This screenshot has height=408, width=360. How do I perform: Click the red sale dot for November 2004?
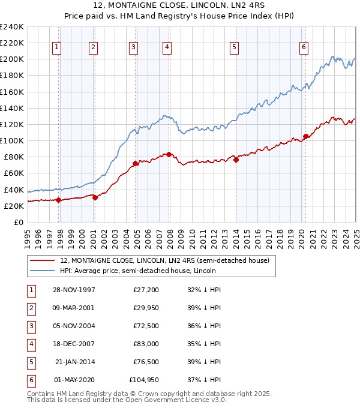coord(136,163)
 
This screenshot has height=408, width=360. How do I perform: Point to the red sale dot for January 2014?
coord(236,160)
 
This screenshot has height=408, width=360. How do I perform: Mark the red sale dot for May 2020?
coord(305,136)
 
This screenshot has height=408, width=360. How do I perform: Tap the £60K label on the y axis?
coord(14,173)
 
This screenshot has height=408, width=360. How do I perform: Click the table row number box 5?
coord(30,362)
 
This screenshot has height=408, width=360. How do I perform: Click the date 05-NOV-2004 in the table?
coord(74,326)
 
